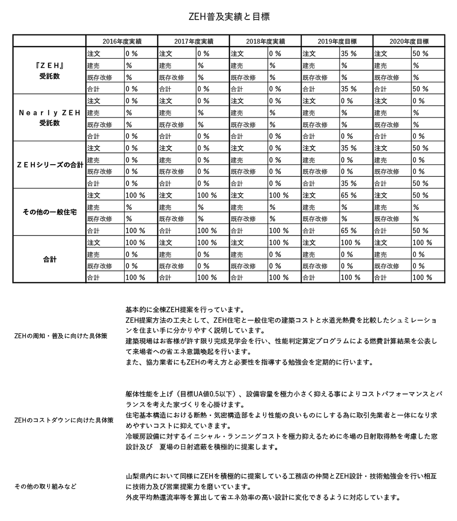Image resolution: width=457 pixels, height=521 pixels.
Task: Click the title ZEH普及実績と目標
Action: coord(228,17)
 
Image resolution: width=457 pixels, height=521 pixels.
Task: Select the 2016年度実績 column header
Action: coord(122,41)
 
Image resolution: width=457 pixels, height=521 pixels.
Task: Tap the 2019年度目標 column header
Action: coord(337,41)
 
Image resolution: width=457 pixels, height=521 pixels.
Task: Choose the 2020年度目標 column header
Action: coord(409,41)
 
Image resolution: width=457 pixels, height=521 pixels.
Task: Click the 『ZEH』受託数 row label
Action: coord(49,71)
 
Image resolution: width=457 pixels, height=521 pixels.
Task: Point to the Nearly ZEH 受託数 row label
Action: coord(49,118)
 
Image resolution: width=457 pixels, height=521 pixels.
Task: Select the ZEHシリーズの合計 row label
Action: coord(49,165)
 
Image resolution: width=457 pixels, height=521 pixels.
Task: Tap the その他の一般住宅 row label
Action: coord(49,212)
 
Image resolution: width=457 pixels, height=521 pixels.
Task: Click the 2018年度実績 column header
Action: coord(265,41)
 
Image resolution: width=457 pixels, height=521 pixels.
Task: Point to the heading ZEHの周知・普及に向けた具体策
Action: coord(61,336)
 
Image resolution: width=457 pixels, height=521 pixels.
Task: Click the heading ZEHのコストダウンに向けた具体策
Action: coord(64,420)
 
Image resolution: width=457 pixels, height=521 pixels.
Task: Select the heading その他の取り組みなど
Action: coord(45,486)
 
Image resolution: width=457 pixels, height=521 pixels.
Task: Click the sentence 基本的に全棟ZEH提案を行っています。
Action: coord(185,310)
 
